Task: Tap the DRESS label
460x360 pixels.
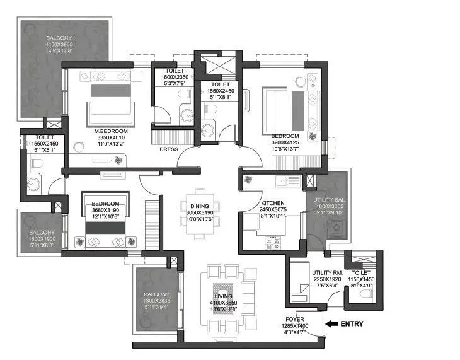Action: (x=168, y=149)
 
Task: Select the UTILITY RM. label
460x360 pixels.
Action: (x=326, y=272)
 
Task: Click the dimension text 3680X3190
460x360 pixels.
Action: (x=105, y=211)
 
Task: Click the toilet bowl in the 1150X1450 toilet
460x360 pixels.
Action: (x=364, y=292)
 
